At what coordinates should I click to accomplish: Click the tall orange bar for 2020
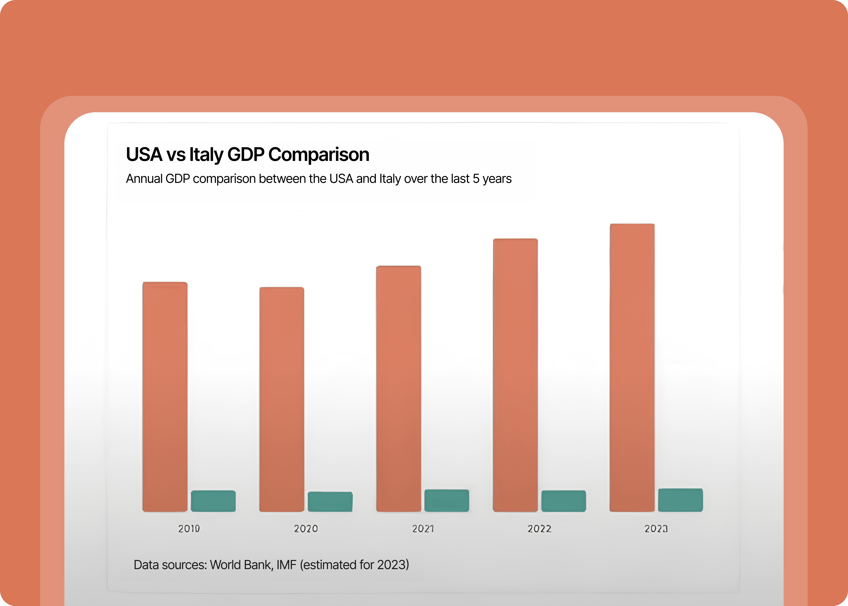(282, 399)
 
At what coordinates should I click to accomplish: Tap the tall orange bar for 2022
(515, 375)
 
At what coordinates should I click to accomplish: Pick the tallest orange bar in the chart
(632, 368)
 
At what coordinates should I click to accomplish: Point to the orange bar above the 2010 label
(165, 397)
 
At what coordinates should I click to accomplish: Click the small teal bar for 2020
(330, 502)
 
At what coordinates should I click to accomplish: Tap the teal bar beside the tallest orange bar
(680, 500)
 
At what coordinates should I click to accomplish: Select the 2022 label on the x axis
(539, 529)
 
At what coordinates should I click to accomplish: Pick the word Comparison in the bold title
(319, 154)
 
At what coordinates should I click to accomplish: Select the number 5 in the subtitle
(476, 179)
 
